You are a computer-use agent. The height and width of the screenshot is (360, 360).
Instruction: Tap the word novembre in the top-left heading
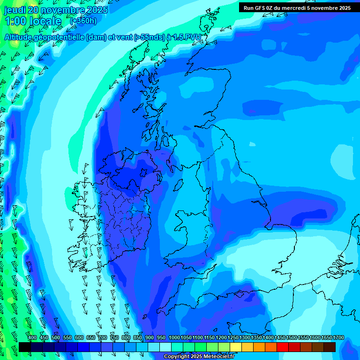click(x=65, y=10)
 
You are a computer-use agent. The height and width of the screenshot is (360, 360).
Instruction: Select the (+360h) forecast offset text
click(x=83, y=21)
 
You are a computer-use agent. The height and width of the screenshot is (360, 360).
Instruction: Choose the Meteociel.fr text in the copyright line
click(x=219, y=357)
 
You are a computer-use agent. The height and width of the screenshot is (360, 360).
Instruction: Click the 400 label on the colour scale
click(x=32, y=338)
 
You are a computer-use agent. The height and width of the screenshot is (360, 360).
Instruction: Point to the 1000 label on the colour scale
click(x=174, y=338)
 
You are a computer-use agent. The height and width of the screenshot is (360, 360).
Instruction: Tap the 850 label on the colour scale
click(x=138, y=338)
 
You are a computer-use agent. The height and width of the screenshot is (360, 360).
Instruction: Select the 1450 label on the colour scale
click(x=280, y=338)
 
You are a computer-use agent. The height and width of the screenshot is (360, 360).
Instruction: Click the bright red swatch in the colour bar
click(x=283, y=347)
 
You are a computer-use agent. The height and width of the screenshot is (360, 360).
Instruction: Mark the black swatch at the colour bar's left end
click(x=25, y=347)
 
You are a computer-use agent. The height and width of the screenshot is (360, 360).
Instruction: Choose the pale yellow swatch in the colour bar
click(x=236, y=347)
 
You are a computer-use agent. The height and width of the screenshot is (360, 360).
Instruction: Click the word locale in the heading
click(x=45, y=21)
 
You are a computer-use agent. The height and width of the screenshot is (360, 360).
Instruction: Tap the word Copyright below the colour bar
click(x=177, y=357)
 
